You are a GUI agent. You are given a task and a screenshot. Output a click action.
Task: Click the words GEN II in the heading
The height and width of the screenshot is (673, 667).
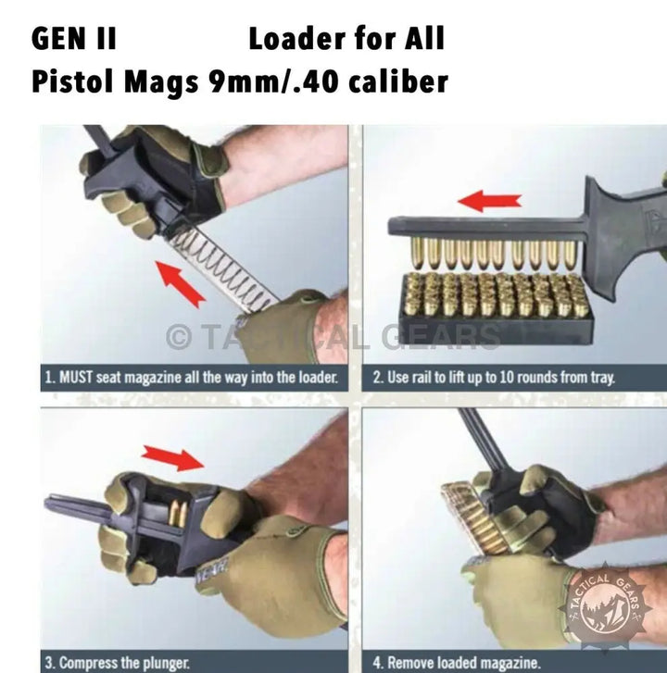pos(74,38)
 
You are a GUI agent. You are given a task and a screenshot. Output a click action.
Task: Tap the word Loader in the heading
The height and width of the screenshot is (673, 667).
pos(298,38)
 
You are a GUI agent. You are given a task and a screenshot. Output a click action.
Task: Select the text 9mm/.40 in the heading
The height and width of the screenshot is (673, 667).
pos(273,81)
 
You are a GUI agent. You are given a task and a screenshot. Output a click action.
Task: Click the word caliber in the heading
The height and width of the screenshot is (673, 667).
pos(398,81)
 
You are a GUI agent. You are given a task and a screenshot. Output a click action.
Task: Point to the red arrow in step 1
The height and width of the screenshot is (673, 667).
pos(181,283)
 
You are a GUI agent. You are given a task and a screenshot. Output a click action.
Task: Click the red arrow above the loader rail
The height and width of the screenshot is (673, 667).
pos(490,201)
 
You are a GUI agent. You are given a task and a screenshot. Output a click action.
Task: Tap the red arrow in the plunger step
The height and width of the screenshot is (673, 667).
pos(172,458)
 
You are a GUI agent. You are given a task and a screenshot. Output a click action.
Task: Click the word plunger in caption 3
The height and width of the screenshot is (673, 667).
pos(166,663)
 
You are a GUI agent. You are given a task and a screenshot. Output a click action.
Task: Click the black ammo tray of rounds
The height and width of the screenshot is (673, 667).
pos(496,309)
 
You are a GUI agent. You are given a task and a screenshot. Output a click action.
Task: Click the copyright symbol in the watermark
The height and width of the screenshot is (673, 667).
pos(178,337)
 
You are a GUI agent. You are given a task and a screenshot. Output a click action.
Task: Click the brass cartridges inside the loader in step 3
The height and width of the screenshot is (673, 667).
pos(178,514)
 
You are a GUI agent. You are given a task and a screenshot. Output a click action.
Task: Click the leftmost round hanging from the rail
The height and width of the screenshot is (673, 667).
pos(416,254)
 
